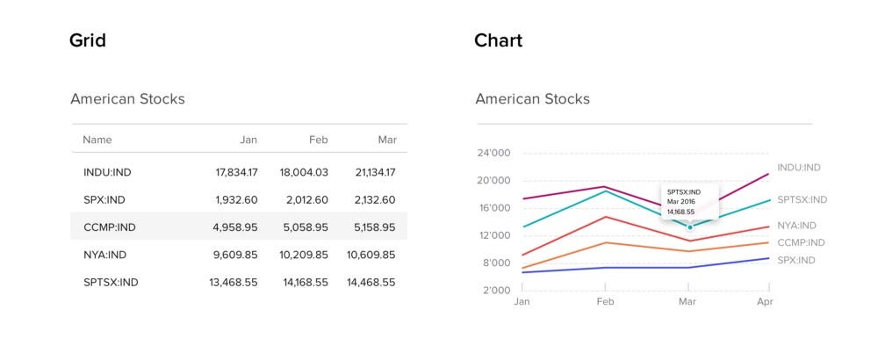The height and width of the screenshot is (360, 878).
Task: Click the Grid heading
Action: [x=88, y=40]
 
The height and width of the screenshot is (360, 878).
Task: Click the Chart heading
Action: [x=498, y=40]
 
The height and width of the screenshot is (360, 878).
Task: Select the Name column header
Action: [x=97, y=140]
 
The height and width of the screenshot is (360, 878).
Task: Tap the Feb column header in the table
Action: [x=318, y=140]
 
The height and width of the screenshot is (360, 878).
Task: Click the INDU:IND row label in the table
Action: [x=107, y=172]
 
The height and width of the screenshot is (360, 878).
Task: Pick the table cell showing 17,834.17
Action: [x=236, y=172]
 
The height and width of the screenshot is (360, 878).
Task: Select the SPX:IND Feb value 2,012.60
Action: [x=307, y=200]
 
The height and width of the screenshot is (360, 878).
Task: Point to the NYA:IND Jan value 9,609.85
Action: [x=236, y=255]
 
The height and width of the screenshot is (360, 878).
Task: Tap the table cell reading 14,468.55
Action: [x=371, y=282]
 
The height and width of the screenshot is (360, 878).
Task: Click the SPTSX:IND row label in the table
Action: [x=111, y=282]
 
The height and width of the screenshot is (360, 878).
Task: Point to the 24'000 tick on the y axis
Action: [x=493, y=154]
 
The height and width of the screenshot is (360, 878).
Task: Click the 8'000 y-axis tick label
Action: [x=495, y=263]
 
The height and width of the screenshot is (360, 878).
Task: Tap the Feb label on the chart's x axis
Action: [x=606, y=301]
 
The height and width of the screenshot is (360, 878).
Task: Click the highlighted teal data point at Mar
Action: [x=689, y=227]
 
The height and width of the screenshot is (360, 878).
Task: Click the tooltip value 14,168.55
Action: [x=680, y=212]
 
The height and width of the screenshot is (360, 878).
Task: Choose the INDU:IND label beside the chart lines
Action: [x=799, y=168]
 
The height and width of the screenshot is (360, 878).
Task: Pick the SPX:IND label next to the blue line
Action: [x=796, y=260]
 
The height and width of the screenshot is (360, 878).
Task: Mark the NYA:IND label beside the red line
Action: [x=796, y=226]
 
